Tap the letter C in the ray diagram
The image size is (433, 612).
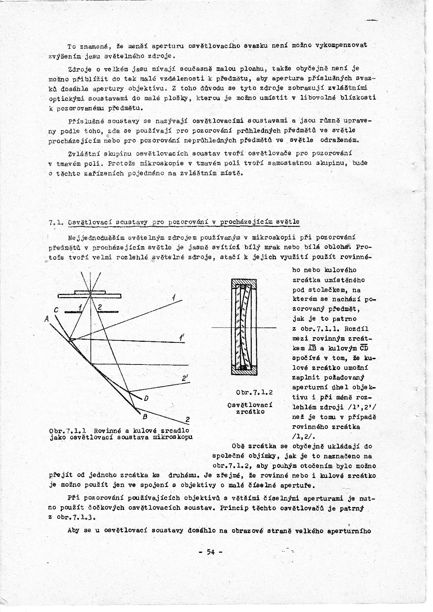pyautogui.click(x=56, y=310)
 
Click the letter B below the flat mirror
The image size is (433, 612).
pyautogui.click(x=145, y=416)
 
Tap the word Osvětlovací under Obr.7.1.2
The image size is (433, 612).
pyautogui.click(x=250, y=405)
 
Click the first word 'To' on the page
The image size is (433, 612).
pyautogui.click(x=72, y=46)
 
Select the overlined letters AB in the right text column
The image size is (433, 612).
pyautogui.click(x=312, y=348)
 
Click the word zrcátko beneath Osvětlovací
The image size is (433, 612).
pyautogui.click(x=249, y=412)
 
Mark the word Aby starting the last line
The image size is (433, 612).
pyautogui.click(x=73, y=531)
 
